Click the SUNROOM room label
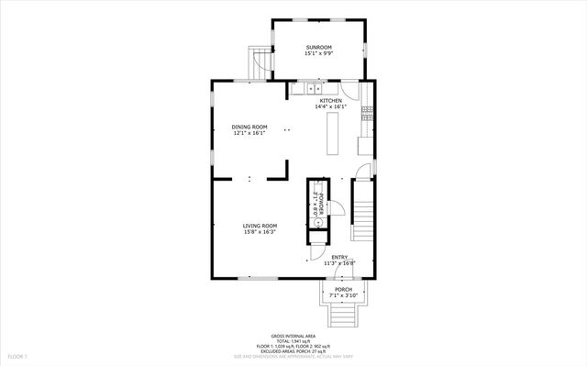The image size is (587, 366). tap(318, 47)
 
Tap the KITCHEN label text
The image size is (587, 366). tap(330, 100)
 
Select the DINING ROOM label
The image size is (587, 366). tap(249, 127)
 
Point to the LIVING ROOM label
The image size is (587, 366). tap(260, 226)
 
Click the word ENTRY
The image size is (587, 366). tap(339, 257)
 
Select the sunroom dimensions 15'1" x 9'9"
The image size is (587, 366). tap(318, 53)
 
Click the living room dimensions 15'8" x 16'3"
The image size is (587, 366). tap(260, 232)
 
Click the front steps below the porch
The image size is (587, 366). tap(343, 317)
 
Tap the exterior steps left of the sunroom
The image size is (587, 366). tap(259, 63)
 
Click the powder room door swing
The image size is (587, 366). tap(336, 207)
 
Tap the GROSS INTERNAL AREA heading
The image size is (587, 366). tap(293, 335)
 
